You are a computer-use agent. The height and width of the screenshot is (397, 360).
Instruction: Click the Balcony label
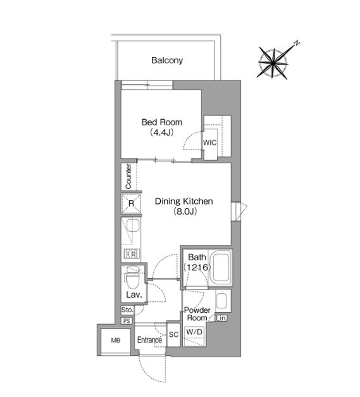pos(167,60)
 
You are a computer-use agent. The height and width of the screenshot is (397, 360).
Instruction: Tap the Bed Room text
pos(162,122)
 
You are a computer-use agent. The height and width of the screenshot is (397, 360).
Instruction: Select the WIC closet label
pos(209,142)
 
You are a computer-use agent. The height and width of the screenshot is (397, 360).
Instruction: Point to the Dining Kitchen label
pos(184,201)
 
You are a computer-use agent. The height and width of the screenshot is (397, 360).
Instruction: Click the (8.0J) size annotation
pos(185,211)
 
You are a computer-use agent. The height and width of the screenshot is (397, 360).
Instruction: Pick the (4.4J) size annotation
pos(162,132)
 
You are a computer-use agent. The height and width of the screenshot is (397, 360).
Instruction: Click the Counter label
pos(128,176)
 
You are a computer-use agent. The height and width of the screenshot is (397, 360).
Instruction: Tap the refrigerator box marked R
pos(131,203)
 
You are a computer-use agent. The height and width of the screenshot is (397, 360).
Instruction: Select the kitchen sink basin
pos(133,225)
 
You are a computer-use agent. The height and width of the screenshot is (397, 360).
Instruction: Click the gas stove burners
pos(132,253)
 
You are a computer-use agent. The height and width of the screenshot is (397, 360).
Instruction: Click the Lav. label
pos(134,294)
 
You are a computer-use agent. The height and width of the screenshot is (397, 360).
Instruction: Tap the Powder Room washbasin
pos(221,301)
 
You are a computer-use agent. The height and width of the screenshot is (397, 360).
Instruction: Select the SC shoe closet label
pos(173,334)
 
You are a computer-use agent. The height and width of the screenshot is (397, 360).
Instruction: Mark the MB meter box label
pos(116,341)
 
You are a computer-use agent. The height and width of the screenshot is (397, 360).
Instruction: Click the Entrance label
pos(149,340)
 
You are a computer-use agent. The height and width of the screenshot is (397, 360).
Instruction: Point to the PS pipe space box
pos(127,321)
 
